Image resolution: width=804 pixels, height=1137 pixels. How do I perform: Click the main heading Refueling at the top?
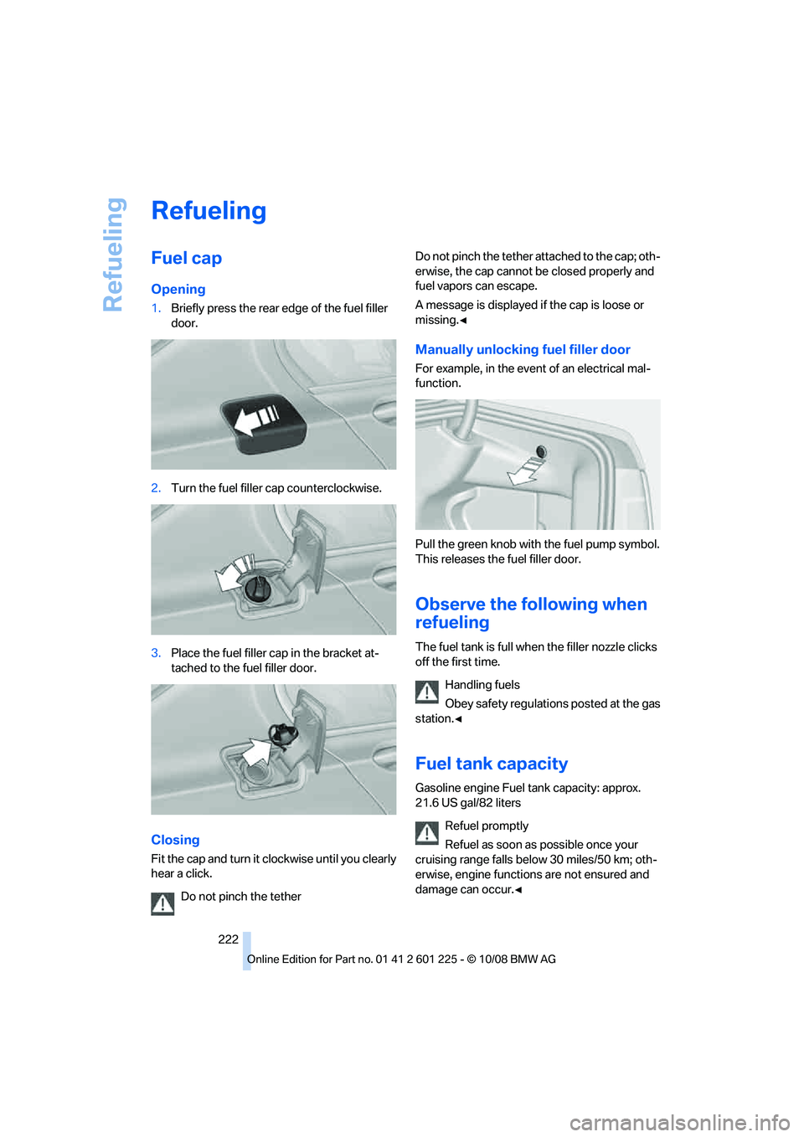pyautogui.click(x=209, y=211)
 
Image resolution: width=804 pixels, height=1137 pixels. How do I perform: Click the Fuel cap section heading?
pyautogui.click(x=186, y=259)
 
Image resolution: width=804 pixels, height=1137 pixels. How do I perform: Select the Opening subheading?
pyautogui.click(x=178, y=289)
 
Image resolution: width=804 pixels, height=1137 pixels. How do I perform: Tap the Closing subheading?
pyautogui.click(x=175, y=840)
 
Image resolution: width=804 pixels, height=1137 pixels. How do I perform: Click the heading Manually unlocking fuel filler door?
pyautogui.click(x=523, y=349)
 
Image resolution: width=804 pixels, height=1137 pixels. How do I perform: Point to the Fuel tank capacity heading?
pyautogui.click(x=491, y=764)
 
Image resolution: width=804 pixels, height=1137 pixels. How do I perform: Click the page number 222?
pyautogui.click(x=228, y=939)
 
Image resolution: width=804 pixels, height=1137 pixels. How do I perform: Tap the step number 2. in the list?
pyautogui.click(x=156, y=488)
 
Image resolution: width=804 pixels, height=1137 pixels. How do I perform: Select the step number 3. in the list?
pyautogui.click(x=156, y=653)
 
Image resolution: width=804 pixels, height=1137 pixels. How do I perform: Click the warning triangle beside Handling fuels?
pyautogui.click(x=427, y=692)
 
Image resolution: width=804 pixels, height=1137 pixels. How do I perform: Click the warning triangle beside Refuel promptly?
pyautogui.click(x=427, y=832)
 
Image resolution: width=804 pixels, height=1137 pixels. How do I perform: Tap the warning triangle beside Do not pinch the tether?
pyautogui.click(x=162, y=903)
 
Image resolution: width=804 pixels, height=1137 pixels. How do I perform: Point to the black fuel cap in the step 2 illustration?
pyautogui.click(x=257, y=589)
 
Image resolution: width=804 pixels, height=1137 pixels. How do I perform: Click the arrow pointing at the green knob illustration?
pyautogui.click(x=524, y=471)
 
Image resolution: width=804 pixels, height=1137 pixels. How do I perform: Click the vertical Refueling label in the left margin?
pyautogui.click(x=113, y=255)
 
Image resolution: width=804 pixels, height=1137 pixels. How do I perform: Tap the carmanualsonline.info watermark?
pyautogui.click(x=679, y=1122)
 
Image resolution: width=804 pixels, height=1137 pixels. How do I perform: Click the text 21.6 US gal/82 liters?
pyautogui.click(x=467, y=803)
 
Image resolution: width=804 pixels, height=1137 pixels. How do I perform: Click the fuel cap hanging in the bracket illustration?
pyautogui.click(x=282, y=735)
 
